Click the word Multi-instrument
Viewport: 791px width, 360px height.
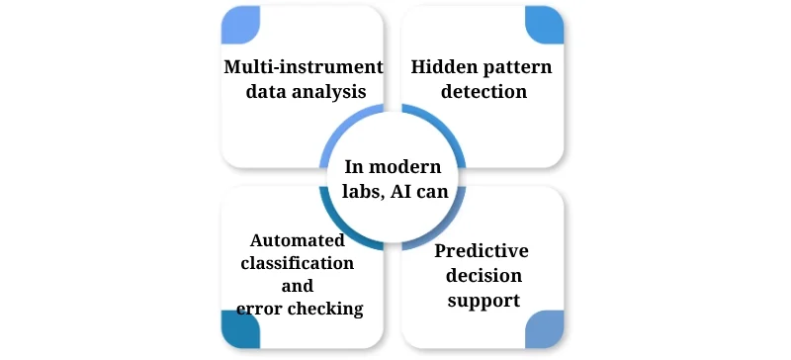pos(303,67)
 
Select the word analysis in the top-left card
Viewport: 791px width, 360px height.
pos(333,91)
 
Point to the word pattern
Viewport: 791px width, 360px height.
pos(514,67)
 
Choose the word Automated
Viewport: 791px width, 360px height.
pos(297,240)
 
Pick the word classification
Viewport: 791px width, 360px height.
pos(297,263)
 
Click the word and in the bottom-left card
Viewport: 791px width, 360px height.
pos(297,286)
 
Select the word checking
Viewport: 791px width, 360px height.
pos(327,309)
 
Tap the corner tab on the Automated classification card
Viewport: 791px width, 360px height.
pos(240,329)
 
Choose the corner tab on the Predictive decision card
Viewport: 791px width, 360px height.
pos(544,329)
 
